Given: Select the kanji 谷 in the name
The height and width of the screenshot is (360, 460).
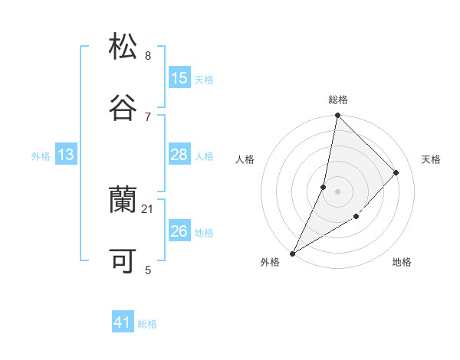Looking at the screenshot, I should pyautogui.click(x=123, y=106).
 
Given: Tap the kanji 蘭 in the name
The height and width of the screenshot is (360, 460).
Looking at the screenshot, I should pyautogui.click(x=123, y=200).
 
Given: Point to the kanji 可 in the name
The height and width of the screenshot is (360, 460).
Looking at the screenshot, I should pyautogui.click(x=123, y=260).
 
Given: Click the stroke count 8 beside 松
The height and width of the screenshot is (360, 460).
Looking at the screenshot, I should pyautogui.click(x=148, y=55).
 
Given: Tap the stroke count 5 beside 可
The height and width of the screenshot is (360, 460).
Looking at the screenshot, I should pyautogui.click(x=148, y=270).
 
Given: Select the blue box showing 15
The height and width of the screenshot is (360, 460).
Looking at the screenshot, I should pyautogui.click(x=179, y=78).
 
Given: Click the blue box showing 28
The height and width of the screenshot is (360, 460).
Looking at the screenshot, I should pyautogui.click(x=179, y=155).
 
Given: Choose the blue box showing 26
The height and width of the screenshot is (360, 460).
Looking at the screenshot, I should pyautogui.click(x=179, y=231).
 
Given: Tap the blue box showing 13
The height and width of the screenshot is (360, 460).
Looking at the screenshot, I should pyautogui.click(x=65, y=155).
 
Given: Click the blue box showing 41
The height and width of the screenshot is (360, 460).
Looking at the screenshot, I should pyautogui.click(x=123, y=323).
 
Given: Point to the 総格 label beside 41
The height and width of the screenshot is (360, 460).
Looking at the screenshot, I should pyautogui.click(x=148, y=324).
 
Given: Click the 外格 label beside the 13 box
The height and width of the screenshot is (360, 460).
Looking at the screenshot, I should pyautogui.click(x=41, y=155).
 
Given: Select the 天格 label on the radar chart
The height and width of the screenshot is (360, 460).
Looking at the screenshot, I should pyautogui.click(x=432, y=159).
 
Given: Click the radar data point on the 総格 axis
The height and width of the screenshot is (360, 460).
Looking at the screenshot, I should pyautogui.click(x=337, y=116).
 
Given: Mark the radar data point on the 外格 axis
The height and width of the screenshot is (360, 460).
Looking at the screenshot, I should pyautogui.click(x=292, y=253).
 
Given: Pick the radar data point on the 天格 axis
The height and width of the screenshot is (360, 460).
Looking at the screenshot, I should pyautogui.click(x=396, y=172).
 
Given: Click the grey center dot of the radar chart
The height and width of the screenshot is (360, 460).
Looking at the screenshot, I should pyautogui.click(x=337, y=191).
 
